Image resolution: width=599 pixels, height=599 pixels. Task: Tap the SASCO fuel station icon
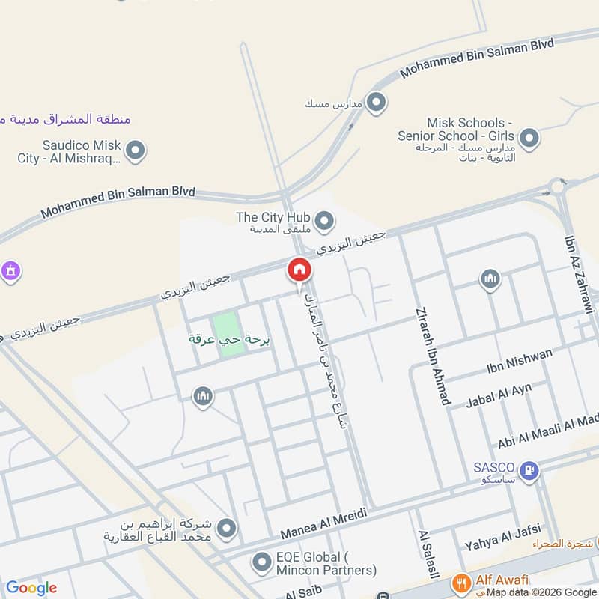coord(529,470)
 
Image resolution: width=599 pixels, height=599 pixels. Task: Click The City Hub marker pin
coord(324,220)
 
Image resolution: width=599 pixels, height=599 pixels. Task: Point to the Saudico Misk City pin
coord(136,151)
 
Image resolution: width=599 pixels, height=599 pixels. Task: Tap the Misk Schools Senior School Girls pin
coord(529,138)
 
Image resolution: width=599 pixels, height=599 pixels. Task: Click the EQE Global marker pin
coord(261,561)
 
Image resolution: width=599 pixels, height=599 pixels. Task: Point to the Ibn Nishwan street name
coord(519,360)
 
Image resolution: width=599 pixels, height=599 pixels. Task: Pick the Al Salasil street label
coord(425,554)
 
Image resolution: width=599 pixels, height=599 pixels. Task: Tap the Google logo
coord(31,588)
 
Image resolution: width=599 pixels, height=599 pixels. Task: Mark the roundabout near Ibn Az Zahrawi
coord(556,186)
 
